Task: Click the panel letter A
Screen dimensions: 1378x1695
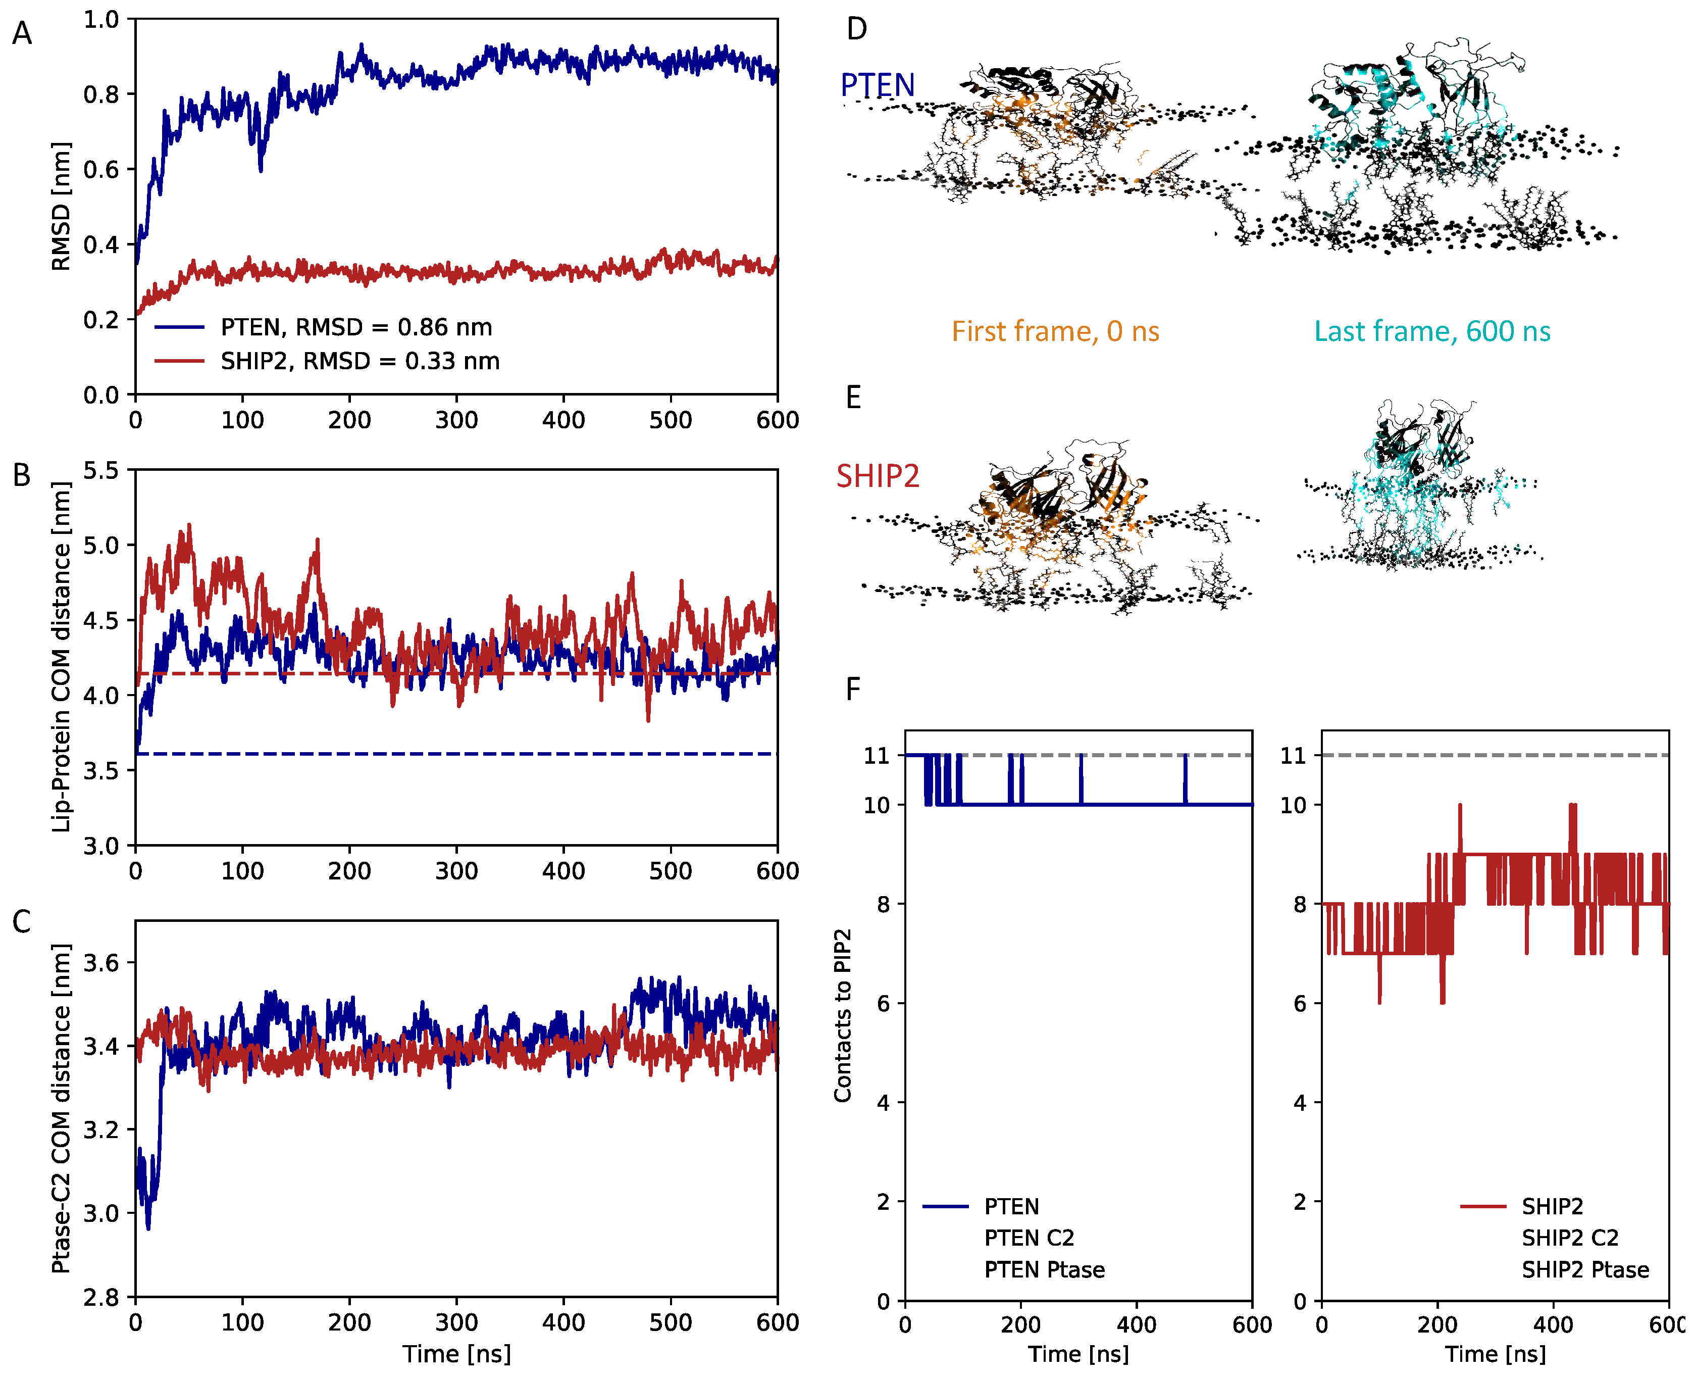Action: coord(22,33)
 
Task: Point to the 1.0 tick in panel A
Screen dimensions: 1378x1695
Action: coord(101,19)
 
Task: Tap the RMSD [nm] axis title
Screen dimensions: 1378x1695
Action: coord(60,207)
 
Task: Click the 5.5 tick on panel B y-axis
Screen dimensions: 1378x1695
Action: coord(101,470)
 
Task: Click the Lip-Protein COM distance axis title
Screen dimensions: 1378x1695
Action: coord(60,657)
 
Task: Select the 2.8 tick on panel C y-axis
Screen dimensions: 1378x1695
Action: coord(101,1298)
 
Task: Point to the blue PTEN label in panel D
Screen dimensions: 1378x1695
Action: coord(877,85)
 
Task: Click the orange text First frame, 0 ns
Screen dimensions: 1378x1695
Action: coord(1055,331)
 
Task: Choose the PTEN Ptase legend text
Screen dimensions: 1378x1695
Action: coord(1044,1270)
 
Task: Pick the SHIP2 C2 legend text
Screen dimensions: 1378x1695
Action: coord(1570,1238)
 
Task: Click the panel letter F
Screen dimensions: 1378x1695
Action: coord(853,689)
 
